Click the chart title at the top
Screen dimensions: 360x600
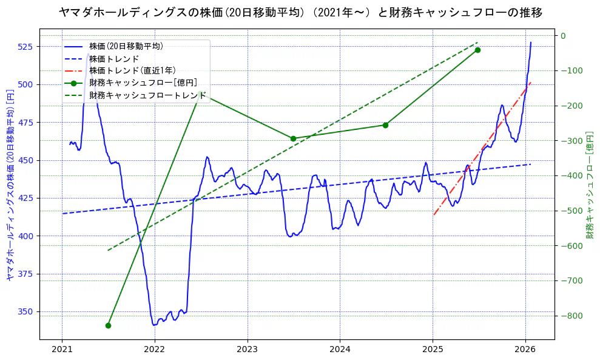click(x=300, y=13)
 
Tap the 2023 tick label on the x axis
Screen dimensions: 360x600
click(x=248, y=349)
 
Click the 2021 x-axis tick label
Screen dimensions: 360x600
click(x=62, y=349)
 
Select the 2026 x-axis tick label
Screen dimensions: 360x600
click(x=525, y=349)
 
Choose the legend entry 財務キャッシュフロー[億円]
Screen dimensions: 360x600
click(x=143, y=83)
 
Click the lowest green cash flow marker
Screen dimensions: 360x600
click(x=108, y=325)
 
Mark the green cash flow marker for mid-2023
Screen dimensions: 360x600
click(x=293, y=138)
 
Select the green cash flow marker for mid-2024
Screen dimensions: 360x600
click(x=385, y=125)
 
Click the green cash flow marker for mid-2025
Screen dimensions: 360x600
click(x=477, y=50)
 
